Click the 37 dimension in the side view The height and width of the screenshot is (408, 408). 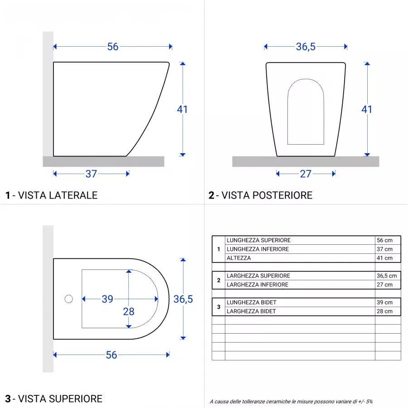coord(92,174)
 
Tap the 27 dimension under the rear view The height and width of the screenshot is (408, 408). coord(306,174)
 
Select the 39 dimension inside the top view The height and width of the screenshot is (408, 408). coord(107,299)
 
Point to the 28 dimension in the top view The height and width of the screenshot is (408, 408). coord(129,311)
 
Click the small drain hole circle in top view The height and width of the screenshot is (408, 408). coord(69,299)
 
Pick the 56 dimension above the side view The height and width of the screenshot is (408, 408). coord(113,47)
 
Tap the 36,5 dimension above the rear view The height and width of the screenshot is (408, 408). coord(306,47)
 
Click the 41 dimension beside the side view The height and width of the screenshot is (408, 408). coord(182,109)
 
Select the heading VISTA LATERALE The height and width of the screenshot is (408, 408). coord(52,195)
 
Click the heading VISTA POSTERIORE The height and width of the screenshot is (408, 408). coord(261,195)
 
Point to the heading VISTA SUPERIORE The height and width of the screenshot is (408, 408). coord(54,399)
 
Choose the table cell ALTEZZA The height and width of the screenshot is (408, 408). coord(238,258)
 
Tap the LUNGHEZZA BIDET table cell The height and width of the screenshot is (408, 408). coord(252,302)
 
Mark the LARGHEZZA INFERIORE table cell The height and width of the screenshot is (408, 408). coord(257,285)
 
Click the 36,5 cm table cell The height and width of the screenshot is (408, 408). coord(387,276)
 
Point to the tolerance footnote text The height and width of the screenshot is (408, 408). coord(291,401)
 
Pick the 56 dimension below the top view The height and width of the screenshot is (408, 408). coord(112,355)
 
